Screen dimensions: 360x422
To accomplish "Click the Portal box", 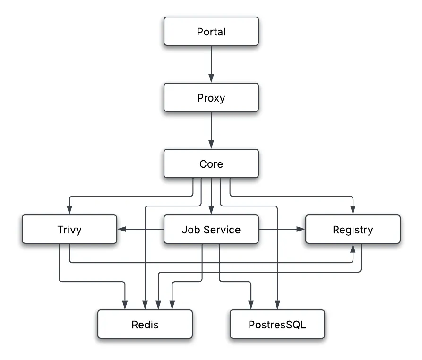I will [x=211, y=32].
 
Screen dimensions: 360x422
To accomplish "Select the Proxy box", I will [x=211, y=98].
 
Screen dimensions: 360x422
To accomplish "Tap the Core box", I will [x=211, y=164].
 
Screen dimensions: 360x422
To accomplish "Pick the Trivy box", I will [x=69, y=230].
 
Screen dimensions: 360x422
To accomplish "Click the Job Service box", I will [x=211, y=230].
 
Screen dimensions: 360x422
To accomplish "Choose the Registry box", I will [x=353, y=230].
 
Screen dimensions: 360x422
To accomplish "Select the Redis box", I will [x=145, y=325].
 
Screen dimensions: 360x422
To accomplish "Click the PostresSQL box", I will [x=277, y=325].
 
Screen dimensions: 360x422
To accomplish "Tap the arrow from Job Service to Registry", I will [x=282, y=230].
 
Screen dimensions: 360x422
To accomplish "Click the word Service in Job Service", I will [x=222, y=230].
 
